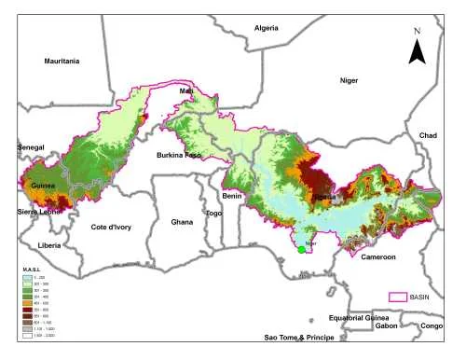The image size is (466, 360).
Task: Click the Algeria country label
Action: [267, 29]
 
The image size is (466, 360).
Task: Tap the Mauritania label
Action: [62, 62]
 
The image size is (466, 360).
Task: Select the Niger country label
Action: [349, 80]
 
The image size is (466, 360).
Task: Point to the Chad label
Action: [428, 135]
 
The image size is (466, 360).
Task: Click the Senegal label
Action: [32, 148]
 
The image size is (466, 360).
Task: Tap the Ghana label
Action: [183, 222]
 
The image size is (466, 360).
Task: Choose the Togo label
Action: [214, 213]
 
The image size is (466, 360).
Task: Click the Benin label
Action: [232, 197]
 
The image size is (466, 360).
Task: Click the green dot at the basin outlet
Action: [301, 249]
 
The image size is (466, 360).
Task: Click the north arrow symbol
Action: [418, 48]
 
